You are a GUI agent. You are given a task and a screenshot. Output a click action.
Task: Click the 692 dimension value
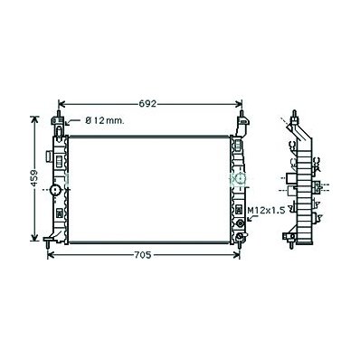coord(147,104)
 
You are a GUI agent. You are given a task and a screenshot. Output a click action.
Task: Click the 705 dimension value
coord(142,255)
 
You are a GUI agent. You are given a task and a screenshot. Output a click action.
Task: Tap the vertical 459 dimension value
coord(34,178)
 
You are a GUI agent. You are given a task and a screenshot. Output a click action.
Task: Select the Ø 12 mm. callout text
coord(105,121)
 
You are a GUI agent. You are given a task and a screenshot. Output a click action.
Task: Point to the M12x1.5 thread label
coord(266,211)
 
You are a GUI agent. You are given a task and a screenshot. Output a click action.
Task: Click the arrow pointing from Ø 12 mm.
coord(71,122)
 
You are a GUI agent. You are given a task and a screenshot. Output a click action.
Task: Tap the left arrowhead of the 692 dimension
coord(62,104)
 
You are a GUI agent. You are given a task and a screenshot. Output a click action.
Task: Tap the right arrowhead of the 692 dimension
coord(239,104)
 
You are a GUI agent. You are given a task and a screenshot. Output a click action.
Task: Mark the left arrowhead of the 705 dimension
coord(51,255)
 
